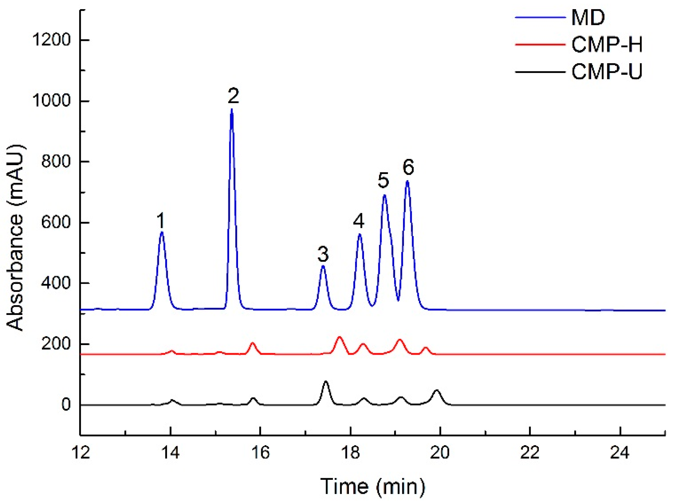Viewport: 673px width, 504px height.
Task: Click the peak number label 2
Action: coord(233,96)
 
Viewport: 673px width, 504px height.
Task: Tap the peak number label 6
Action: coord(408,167)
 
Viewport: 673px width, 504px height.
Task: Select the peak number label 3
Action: coord(323,254)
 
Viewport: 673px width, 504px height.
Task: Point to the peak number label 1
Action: coord(160,220)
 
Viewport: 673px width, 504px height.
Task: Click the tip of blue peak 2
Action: coord(232,110)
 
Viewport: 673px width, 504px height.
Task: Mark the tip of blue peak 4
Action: coord(360,234)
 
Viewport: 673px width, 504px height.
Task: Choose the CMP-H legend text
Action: coord(607,44)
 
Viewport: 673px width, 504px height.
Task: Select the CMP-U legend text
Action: coord(607,71)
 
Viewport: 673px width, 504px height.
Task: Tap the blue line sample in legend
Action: coord(540,17)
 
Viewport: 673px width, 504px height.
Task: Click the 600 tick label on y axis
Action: coord(56,222)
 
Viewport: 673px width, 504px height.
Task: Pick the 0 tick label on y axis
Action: coord(66,405)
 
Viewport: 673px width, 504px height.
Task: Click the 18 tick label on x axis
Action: coord(350,453)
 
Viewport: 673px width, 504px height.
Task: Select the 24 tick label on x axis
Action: coord(620,453)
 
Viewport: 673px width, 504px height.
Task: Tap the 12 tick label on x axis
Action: coord(81,453)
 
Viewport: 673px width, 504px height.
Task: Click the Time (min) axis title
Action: coord(373,486)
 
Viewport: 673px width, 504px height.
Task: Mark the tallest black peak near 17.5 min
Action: coord(326,381)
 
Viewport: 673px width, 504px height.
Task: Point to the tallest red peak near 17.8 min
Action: coord(339,337)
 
